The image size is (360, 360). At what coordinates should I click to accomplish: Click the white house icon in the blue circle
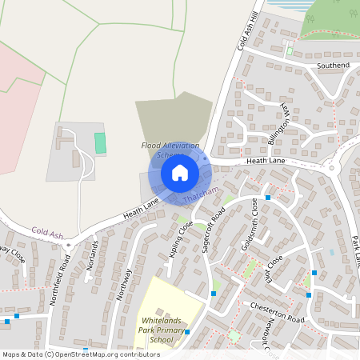point(180,173)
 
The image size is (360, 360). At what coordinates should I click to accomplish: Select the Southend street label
point(334,65)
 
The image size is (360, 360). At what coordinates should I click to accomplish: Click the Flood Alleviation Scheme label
point(170,150)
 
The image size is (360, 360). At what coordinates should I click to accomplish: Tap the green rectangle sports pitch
point(100,143)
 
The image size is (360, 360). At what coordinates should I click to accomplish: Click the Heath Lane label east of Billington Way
point(267,162)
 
